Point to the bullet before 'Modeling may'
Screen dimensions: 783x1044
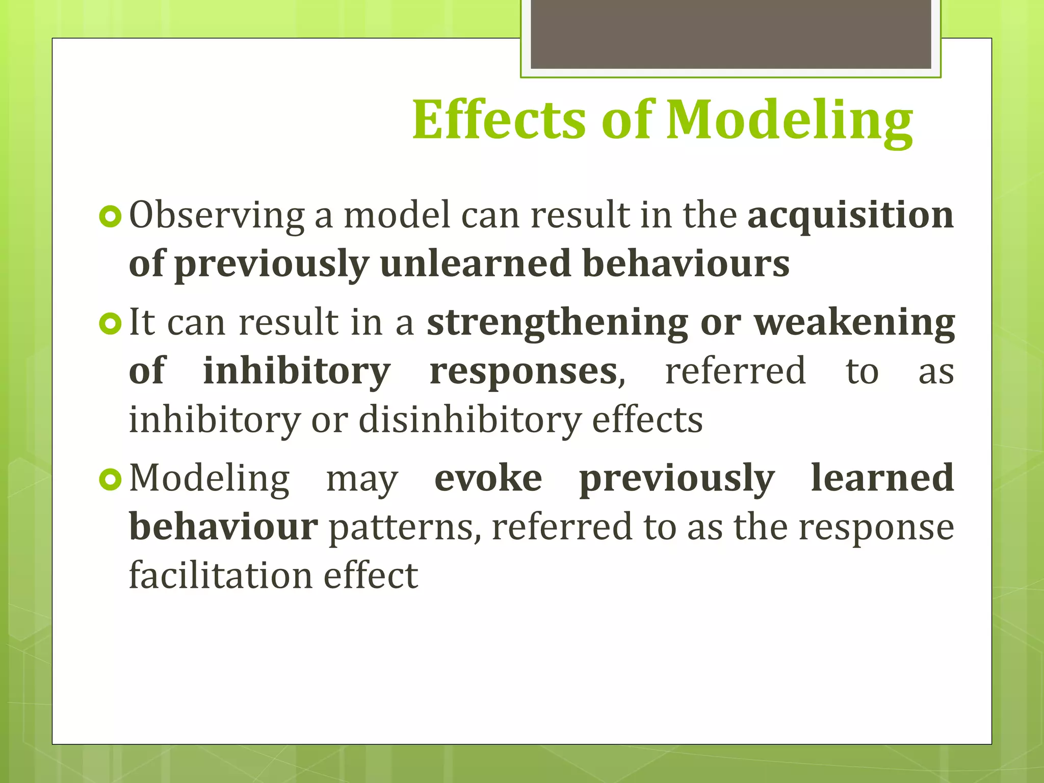coord(111,480)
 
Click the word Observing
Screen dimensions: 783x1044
coord(217,216)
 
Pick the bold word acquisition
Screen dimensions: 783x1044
coord(850,215)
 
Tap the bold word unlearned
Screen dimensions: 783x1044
coord(475,264)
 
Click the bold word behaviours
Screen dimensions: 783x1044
coord(686,264)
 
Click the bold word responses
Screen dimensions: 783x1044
coord(524,372)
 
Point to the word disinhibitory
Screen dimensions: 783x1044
coord(469,421)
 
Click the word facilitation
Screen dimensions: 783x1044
coord(220,576)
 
